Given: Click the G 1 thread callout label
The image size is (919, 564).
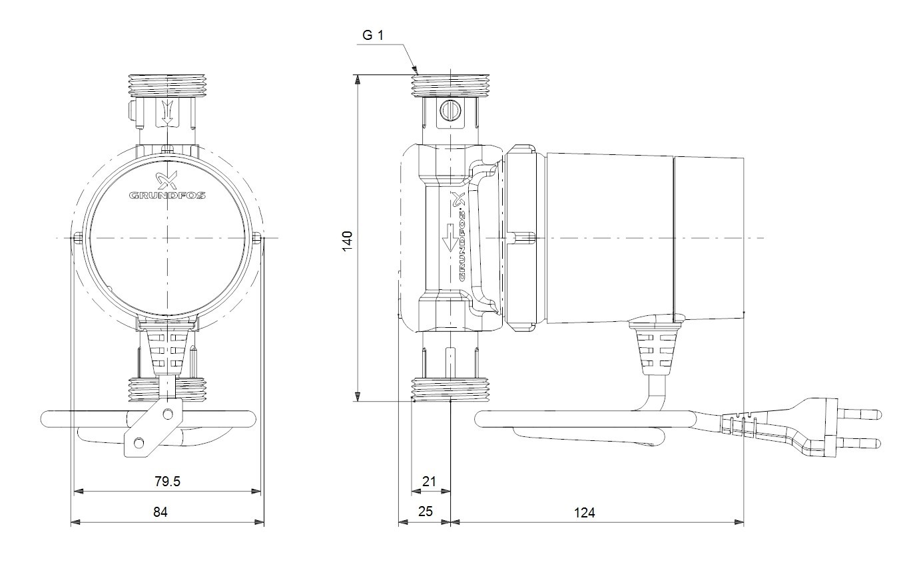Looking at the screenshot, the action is tap(372, 36).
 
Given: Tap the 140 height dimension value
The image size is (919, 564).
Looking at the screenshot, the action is tap(348, 241).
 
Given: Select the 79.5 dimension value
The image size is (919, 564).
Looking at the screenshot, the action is tap(167, 482).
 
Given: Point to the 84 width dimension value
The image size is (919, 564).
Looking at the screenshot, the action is tap(160, 512).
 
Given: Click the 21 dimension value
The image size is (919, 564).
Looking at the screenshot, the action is tap(429, 482).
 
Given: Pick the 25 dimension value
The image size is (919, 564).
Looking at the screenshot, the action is tap(426, 511).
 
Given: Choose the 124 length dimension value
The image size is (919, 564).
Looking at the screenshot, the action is tap(584, 512).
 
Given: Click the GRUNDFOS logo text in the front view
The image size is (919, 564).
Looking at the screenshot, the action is tap(167, 195).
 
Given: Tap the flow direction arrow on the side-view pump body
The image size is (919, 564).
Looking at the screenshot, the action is tap(450, 238).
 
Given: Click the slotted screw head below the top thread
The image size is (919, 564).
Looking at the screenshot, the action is tap(450, 110).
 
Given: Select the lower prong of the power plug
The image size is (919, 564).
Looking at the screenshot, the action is tap(862, 443).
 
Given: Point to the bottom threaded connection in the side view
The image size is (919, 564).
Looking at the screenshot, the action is tap(450, 389).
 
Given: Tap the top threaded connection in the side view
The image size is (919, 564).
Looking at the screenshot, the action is tap(450, 86).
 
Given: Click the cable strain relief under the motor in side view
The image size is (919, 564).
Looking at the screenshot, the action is tap(655, 349).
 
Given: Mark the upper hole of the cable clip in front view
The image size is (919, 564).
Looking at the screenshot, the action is tap(167, 414).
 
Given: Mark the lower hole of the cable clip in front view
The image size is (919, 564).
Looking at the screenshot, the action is tap(139, 443).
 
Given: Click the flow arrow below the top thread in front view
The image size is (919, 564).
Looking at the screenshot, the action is tap(167, 112).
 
